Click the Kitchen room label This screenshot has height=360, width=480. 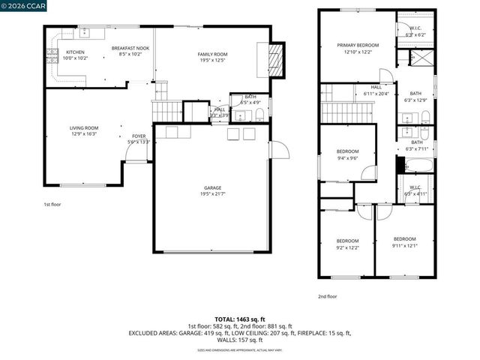(x=75, y=55)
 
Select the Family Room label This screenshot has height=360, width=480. (x=213, y=57)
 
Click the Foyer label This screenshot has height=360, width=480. (x=139, y=139)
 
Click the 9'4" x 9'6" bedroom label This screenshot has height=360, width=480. (x=347, y=154)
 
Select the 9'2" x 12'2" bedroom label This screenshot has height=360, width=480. (x=347, y=243)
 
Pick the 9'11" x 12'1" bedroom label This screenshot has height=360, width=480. (x=404, y=242)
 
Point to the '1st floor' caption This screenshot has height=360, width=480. (x=52, y=203)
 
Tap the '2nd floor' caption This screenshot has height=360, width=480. (x=327, y=296)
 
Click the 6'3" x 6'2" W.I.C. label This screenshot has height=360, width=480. (x=415, y=32)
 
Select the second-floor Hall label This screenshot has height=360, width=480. (x=376, y=91)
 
